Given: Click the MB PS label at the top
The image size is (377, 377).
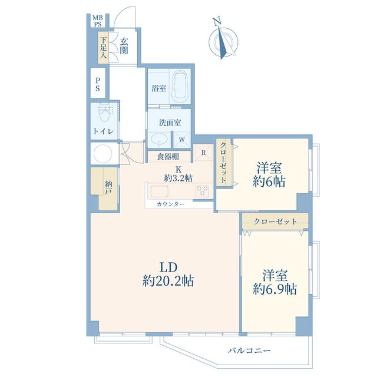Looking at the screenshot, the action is click(x=98, y=21).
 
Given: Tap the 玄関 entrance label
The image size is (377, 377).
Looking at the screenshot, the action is click(x=124, y=46).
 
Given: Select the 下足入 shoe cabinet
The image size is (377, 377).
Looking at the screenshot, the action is click(x=104, y=47).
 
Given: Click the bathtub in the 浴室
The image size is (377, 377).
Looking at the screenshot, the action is click(x=180, y=87).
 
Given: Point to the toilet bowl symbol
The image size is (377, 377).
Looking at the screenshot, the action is click(x=104, y=115).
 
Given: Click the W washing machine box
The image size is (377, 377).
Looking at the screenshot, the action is click(x=182, y=140).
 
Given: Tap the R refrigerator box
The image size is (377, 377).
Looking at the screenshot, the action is click(x=203, y=152).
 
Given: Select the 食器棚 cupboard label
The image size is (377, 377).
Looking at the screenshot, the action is click(x=168, y=157).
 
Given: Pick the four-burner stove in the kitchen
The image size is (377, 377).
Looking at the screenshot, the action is click(x=203, y=191).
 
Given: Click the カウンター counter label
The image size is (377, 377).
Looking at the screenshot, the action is click(x=170, y=204).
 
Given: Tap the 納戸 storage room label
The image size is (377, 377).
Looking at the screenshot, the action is click(x=108, y=188).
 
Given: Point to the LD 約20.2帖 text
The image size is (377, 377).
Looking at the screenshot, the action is click(x=168, y=274).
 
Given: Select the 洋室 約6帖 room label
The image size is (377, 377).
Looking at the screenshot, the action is click(x=269, y=175).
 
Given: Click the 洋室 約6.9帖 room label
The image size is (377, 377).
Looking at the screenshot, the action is click(x=275, y=282).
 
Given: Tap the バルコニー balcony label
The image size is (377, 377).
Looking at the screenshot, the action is click(x=249, y=351).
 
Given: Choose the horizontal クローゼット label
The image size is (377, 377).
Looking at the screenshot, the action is click(x=275, y=221).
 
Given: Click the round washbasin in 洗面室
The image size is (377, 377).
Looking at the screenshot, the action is click(x=159, y=139).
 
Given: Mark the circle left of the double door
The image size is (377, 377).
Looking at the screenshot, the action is click(x=102, y=154).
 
